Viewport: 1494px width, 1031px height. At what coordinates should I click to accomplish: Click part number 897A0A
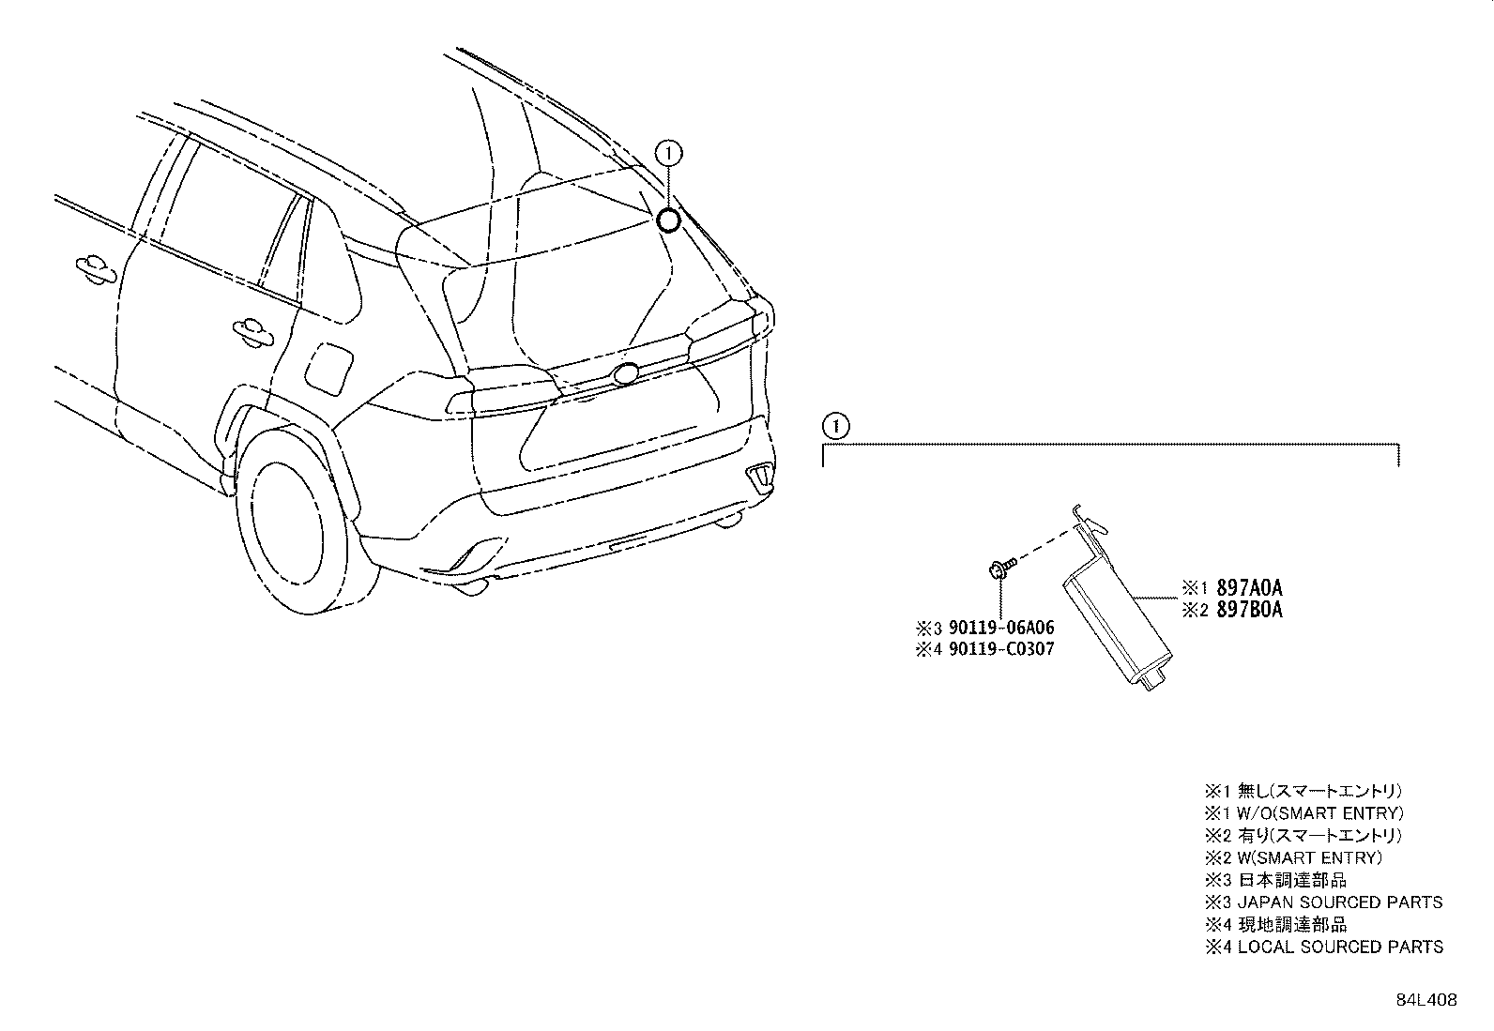click(x=1249, y=587)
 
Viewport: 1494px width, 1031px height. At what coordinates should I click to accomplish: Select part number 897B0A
click(x=1249, y=610)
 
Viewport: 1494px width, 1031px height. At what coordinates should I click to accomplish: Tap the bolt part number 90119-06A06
click(x=1001, y=628)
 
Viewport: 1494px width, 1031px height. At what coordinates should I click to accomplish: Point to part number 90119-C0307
click(x=1001, y=649)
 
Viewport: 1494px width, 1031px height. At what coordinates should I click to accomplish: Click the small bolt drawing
click(x=1001, y=568)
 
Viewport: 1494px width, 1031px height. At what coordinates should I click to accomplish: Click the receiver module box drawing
click(x=1115, y=620)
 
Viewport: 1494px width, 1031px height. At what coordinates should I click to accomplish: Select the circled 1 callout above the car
click(x=668, y=154)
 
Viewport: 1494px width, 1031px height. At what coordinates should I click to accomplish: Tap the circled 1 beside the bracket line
click(x=836, y=426)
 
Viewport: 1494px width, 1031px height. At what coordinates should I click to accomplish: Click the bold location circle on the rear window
click(x=667, y=220)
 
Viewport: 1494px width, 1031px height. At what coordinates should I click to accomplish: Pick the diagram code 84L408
click(x=1426, y=1000)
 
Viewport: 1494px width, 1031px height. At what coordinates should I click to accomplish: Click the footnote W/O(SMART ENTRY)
click(x=1320, y=813)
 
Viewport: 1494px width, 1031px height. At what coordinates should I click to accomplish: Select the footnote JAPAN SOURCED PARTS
click(x=1340, y=902)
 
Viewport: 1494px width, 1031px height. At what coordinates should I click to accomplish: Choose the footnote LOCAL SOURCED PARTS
click(x=1341, y=947)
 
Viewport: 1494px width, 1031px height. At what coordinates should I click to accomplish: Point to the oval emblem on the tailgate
click(x=626, y=373)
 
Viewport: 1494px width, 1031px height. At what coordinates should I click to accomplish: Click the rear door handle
click(x=252, y=331)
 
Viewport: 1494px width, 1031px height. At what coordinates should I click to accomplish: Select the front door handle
click(x=96, y=269)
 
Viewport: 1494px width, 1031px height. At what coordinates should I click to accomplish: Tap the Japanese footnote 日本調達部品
click(x=1292, y=880)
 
